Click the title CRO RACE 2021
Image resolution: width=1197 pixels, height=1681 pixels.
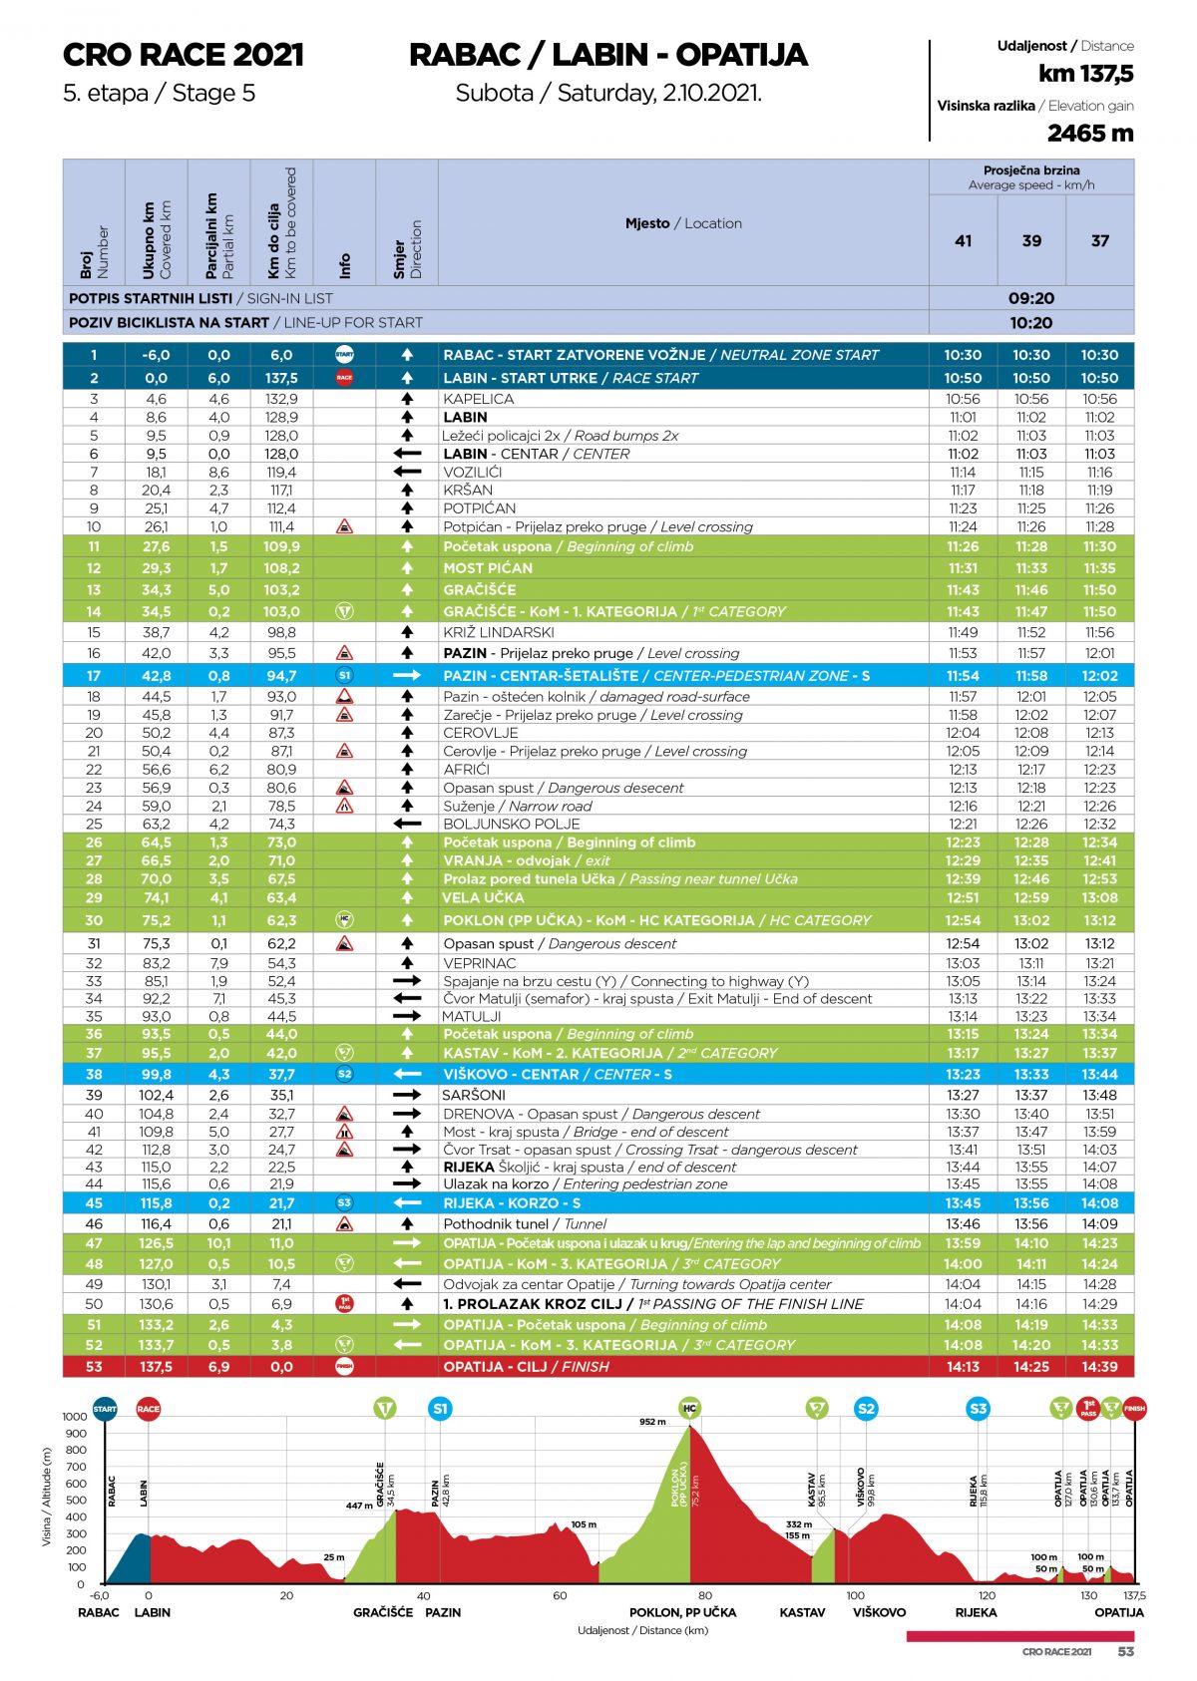click(183, 55)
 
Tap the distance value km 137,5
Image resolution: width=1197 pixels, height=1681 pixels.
click(1085, 74)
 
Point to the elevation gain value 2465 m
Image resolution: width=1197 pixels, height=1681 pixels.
click(1089, 133)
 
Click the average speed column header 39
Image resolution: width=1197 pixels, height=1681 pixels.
click(1031, 240)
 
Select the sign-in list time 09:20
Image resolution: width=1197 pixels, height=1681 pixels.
click(1030, 298)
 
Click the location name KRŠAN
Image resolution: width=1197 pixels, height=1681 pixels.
click(468, 490)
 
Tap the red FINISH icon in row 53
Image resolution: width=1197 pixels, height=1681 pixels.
click(344, 1366)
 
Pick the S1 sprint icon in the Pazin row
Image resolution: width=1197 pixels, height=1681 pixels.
click(344, 675)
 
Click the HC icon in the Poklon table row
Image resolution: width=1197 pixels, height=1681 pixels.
click(344, 919)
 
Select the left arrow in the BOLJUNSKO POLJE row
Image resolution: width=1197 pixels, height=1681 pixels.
click(407, 824)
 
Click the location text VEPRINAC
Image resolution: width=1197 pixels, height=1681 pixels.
click(480, 963)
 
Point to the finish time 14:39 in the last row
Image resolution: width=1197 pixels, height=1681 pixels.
click(1099, 1366)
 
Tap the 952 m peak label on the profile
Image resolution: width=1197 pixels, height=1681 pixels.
click(652, 1422)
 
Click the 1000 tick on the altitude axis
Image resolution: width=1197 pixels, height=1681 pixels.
click(75, 1416)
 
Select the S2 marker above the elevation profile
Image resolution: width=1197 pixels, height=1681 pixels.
click(866, 1409)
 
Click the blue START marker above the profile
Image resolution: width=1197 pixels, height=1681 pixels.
click(105, 1409)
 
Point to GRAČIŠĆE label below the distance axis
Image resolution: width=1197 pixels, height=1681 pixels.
click(382, 1612)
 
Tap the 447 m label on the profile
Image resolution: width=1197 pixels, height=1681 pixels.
click(359, 1506)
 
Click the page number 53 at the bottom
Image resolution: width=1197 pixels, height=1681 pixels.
click(1125, 1651)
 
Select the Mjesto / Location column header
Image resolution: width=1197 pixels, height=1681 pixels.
click(683, 223)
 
